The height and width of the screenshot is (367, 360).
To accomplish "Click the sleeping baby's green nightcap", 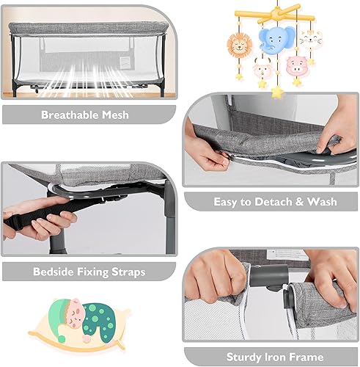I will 70,308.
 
